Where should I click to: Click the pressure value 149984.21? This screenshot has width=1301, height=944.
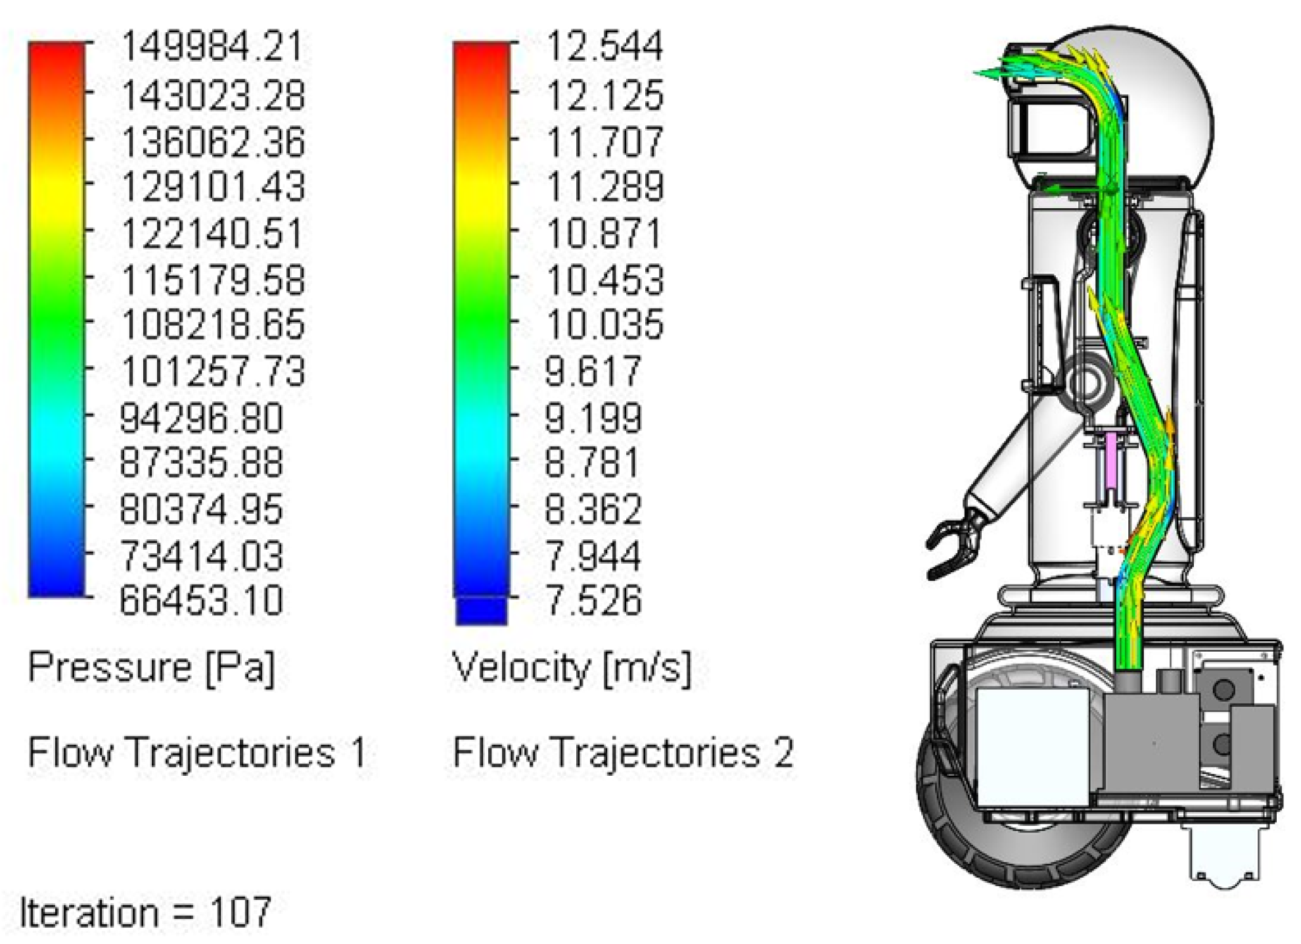[x=213, y=47]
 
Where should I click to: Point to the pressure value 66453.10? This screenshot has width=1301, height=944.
[x=201, y=600]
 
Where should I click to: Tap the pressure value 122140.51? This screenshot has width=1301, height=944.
[x=213, y=233]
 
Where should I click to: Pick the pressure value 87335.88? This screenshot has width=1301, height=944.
[x=201, y=462]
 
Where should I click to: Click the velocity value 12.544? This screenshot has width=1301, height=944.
[x=605, y=47]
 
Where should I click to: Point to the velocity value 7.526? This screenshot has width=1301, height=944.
[x=593, y=600]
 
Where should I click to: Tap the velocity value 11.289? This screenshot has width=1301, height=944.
[x=605, y=187]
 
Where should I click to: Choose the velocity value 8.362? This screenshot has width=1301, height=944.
[x=593, y=509]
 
